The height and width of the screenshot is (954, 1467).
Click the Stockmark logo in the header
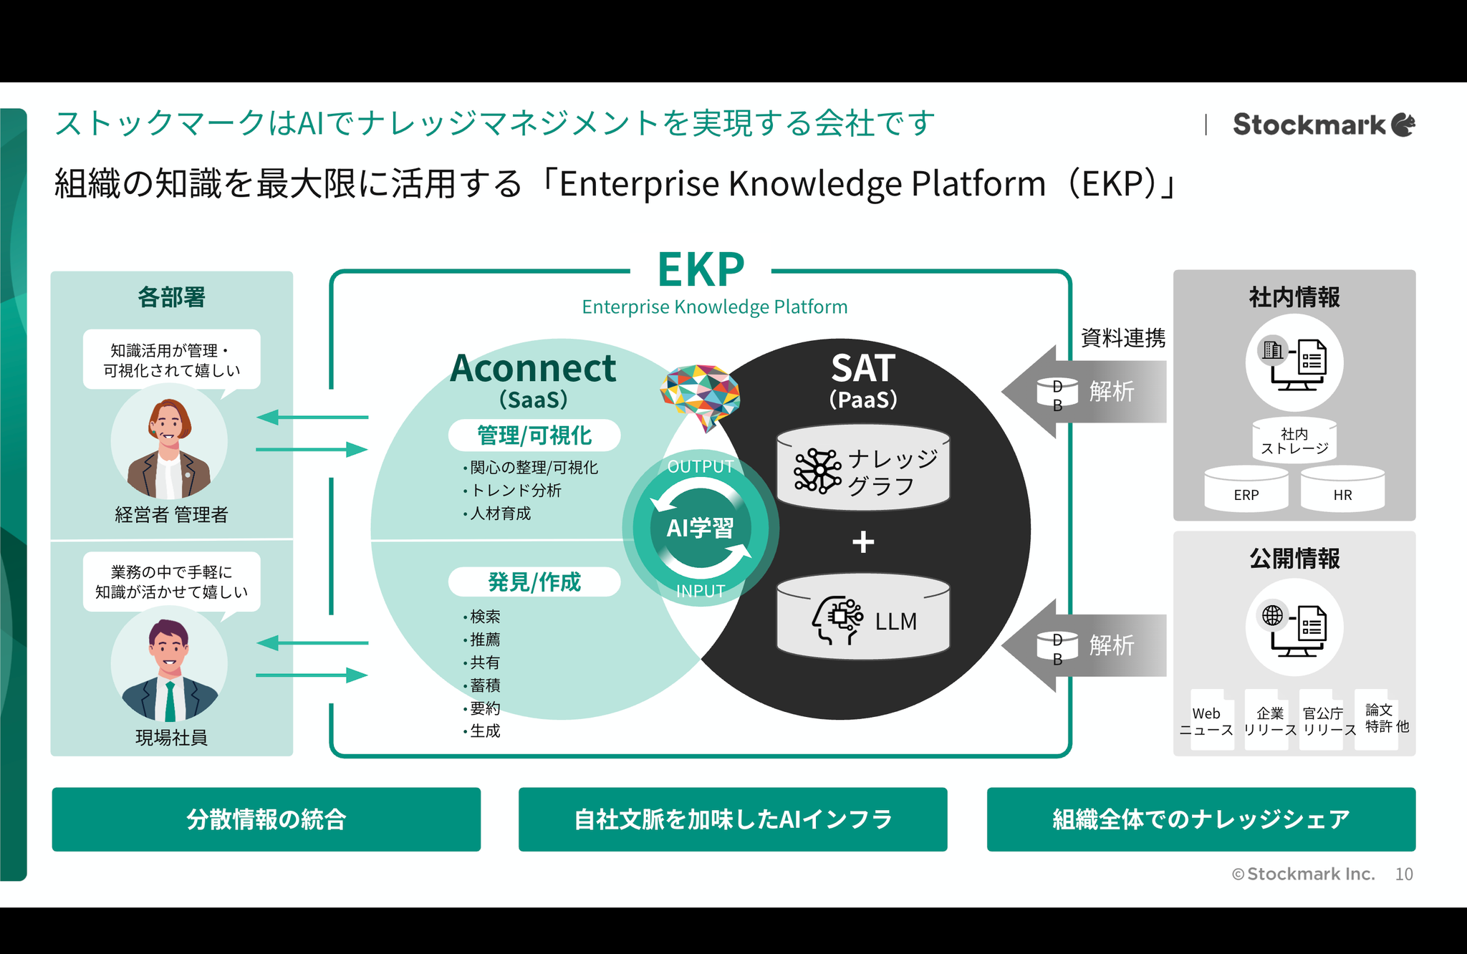tap(1324, 125)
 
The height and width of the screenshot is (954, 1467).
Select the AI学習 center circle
tap(701, 529)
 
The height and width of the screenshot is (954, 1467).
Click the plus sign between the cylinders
tap(863, 541)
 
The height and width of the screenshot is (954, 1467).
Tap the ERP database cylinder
tap(1246, 489)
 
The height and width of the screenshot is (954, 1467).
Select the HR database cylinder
tap(1342, 489)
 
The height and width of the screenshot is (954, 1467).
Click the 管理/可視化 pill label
tap(534, 435)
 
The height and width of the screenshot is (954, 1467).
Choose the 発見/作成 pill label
tap(534, 582)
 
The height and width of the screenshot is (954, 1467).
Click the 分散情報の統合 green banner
tap(266, 819)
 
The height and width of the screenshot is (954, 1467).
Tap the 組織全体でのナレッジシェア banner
tap(1201, 819)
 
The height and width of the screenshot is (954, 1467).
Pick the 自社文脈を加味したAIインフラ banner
tap(733, 819)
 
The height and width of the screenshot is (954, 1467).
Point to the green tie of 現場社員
tap(170, 701)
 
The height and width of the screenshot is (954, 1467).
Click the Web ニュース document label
tap(1207, 721)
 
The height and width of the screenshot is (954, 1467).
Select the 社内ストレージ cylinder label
tap(1294, 441)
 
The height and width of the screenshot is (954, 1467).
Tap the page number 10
tap(1404, 874)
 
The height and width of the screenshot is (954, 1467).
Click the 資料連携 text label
tap(1123, 337)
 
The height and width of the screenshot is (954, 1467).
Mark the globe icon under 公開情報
tap(1273, 615)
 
